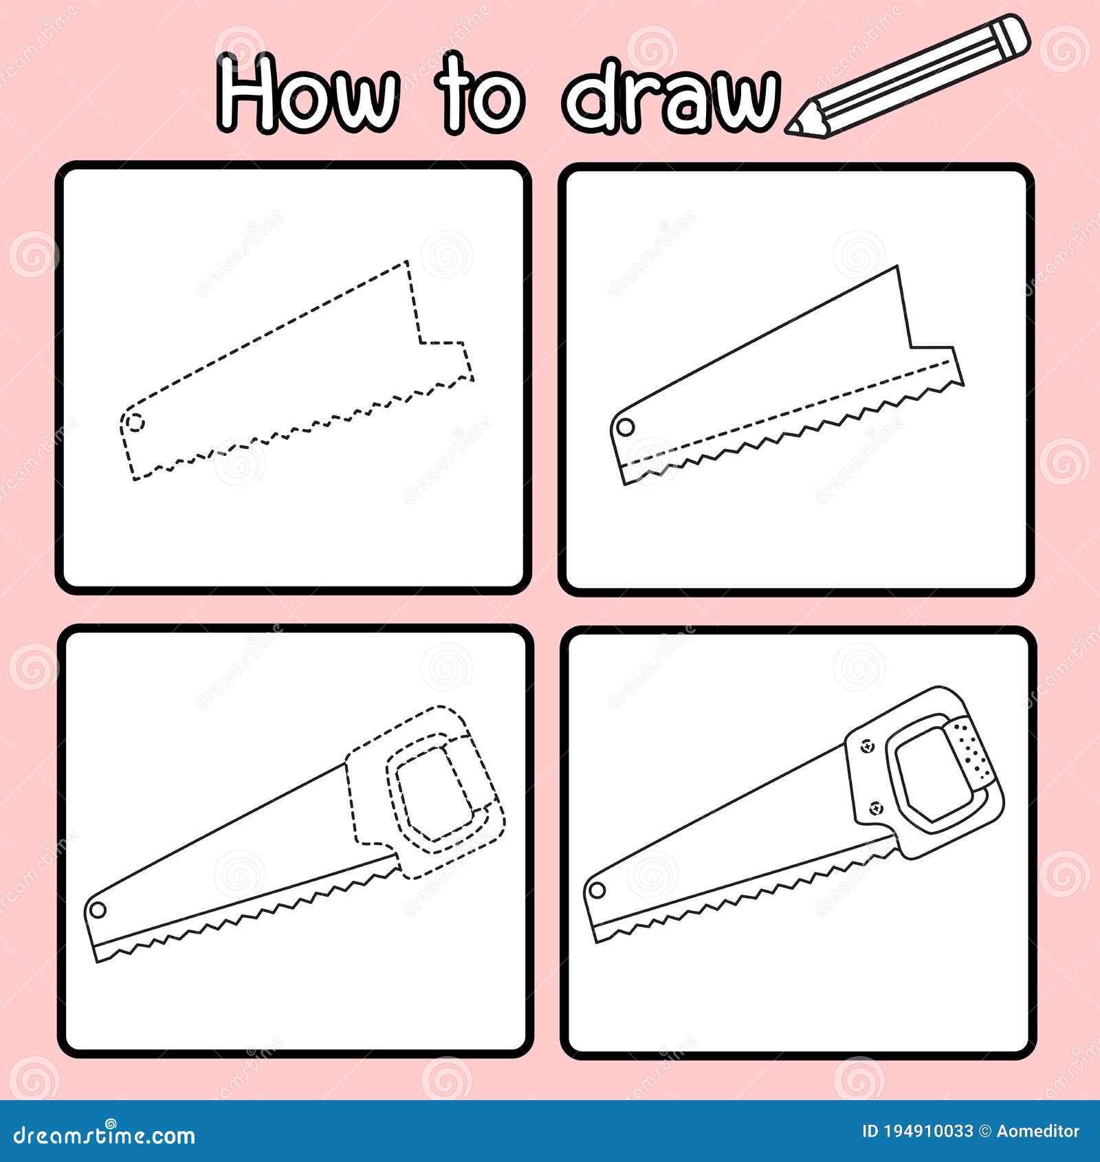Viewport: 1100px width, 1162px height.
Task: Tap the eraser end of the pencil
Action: pos(1011,34)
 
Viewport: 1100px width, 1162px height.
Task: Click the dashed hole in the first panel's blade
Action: pos(136,421)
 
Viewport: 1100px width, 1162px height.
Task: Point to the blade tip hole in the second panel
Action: pos(625,427)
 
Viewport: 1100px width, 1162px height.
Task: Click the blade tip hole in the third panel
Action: pos(98,910)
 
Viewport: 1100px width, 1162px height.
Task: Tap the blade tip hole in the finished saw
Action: pos(597,891)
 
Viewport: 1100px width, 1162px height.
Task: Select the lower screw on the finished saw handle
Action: pos(876,808)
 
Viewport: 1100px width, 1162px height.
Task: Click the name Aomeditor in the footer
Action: pos(1038,1131)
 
